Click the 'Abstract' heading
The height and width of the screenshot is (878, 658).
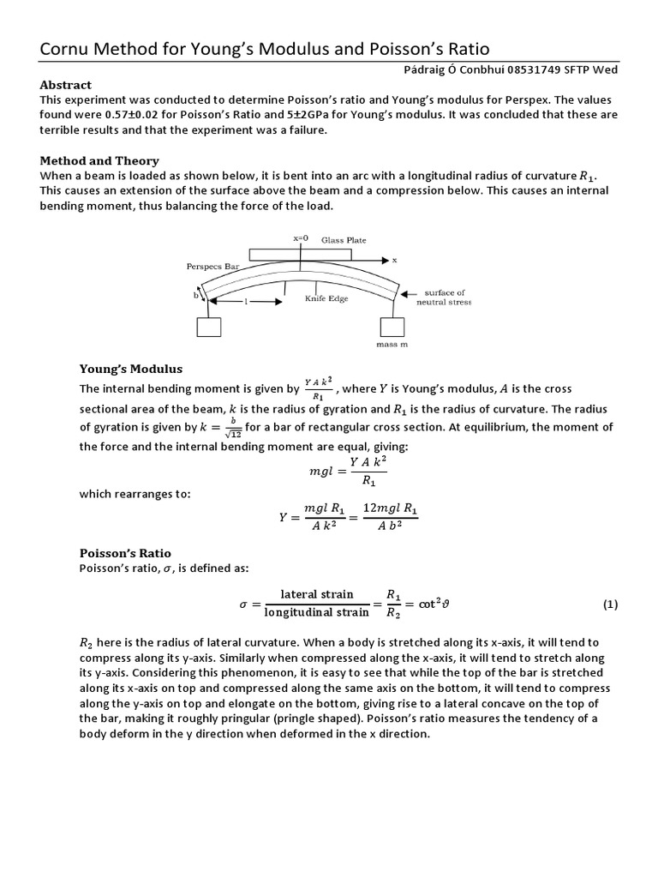click(x=66, y=85)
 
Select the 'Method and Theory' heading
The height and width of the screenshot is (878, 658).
click(x=99, y=160)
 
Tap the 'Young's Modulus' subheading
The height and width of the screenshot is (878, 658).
click(x=130, y=369)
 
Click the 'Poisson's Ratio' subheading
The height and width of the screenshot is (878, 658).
click(x=125, y=553)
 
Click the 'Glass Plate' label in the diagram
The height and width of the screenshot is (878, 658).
click(x=343, y=241)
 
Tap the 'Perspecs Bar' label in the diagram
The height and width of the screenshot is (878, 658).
click(x=210, y=267)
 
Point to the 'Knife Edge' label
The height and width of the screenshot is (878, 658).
click(x=326, y=299)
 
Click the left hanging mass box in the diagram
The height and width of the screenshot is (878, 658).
click(x=209, y=327)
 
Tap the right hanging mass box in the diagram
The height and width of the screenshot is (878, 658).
click(x=391, y=327)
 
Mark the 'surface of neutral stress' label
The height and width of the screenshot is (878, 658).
click(x=442, y=297)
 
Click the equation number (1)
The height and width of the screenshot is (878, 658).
click(x=609, y=604)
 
